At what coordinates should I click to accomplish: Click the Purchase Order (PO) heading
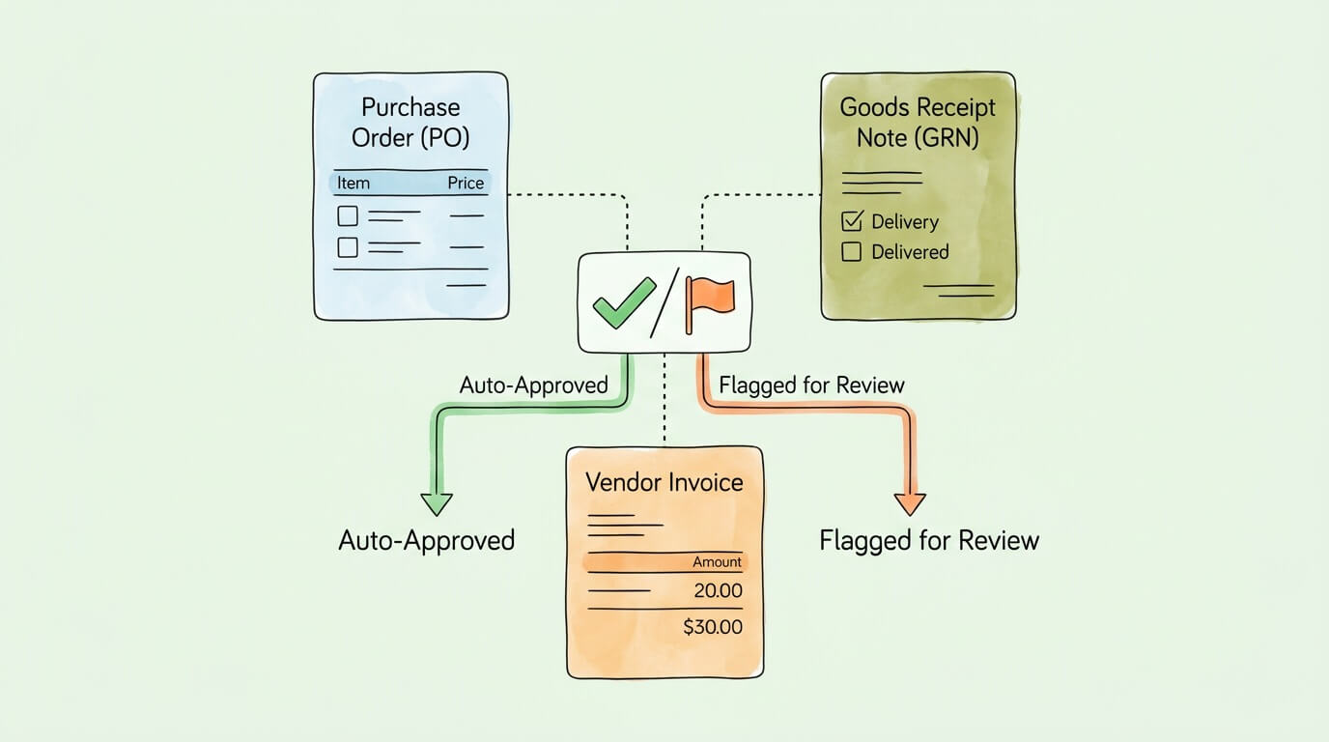click(410, 122)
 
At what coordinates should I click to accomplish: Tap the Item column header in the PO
click(353, 183)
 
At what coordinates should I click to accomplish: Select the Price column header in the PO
click(466, 183)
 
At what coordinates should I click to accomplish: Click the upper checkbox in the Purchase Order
click(348, 215)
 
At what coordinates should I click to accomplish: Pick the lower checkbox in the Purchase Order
click(348, 247)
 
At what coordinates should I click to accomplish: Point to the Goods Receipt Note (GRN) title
click(917, 122)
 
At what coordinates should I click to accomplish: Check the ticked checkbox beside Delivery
click(852, 221)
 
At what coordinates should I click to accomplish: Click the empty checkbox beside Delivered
click(852, 252)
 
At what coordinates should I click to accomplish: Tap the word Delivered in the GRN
click(910, 252)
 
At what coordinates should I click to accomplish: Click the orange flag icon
click(710, 300)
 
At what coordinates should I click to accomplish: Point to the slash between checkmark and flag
click(664, 302)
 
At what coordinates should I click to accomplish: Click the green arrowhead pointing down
click(437, 503)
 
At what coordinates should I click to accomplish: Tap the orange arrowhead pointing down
click(910, 503)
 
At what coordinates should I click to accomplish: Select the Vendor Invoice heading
click(664, 481)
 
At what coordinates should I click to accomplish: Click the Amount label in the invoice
click(717, 561)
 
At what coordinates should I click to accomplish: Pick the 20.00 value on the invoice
click(718, 591)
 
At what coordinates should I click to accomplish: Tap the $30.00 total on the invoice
click(713, 627)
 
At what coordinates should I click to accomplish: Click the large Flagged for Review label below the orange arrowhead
click(929, 540)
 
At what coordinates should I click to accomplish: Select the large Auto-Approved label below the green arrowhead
click(427, 540)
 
